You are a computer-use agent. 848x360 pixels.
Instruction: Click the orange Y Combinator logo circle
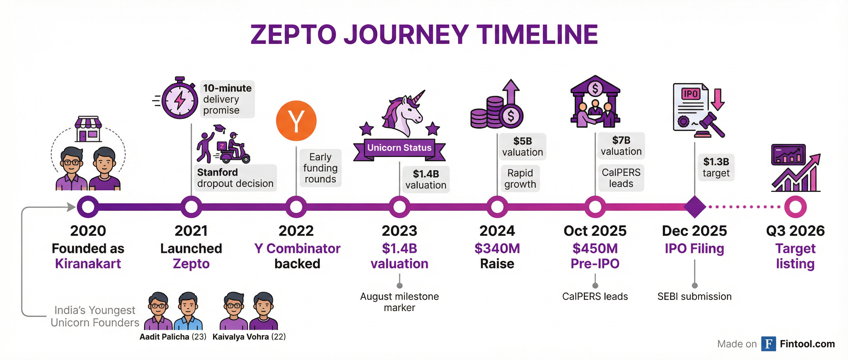(296, 121)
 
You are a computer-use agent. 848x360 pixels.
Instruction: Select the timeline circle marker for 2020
(88, 207)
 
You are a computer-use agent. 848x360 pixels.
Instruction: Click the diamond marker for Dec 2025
(695, 207)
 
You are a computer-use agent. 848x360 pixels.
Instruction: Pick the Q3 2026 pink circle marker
(795, 207)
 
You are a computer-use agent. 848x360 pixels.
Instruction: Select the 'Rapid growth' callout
(520, 178)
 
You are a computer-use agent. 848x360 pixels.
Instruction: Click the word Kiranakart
(88, 264)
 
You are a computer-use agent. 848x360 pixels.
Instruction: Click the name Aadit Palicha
(164, 337)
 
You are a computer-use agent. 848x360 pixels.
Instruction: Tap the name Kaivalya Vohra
(240, 337)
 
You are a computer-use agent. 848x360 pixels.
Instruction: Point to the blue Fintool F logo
(768, 344)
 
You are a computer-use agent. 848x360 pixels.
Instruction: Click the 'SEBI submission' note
(695, 297)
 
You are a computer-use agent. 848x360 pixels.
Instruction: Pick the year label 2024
(497, 231)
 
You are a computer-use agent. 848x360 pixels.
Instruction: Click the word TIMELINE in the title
(537, 34)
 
